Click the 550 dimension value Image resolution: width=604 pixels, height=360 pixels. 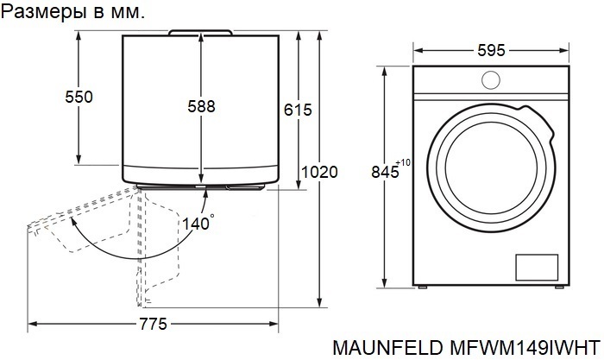[x=79, y=97]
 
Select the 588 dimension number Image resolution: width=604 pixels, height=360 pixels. [x=201, y=106]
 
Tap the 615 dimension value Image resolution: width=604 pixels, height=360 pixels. [x=298, y=110]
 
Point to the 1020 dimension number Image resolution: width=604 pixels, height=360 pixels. [x=319, y=172]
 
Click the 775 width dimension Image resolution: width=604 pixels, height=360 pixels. [x=153, y=324]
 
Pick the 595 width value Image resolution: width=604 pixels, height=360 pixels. [x=491, y=50]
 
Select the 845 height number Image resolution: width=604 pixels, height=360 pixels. [x=385, y=172]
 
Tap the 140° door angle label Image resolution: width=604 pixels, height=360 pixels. [x=198, y=224]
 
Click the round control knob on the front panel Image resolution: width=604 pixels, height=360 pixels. [x=491, y=80]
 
